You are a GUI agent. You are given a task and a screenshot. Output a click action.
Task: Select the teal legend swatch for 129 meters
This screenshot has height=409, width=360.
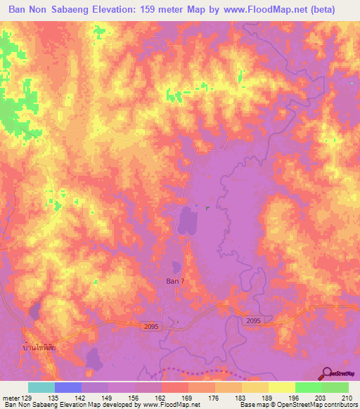(41, 387)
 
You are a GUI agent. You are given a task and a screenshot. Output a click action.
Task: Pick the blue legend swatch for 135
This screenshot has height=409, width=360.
(67, 387)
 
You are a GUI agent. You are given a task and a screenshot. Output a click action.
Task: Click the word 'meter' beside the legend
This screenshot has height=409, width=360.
(11, 397)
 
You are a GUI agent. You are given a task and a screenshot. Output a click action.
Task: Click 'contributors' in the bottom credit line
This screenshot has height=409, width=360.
(340, 405)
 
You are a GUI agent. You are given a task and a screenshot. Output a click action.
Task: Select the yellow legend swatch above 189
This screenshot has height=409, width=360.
(255, 387)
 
